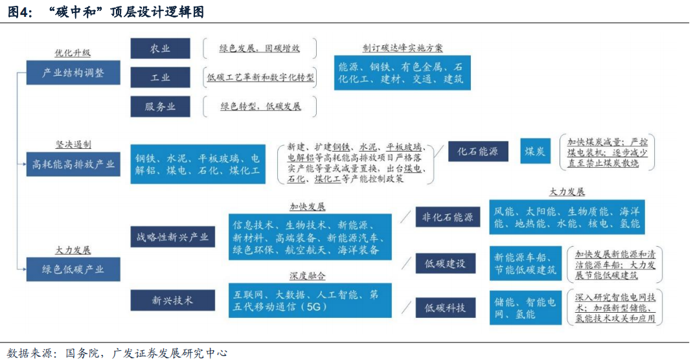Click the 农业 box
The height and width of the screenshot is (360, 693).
pos(160,49)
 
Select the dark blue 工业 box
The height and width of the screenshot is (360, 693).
pos(160,77)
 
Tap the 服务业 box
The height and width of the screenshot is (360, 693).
pos(160,106)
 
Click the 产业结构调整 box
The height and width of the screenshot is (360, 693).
pos(73,73)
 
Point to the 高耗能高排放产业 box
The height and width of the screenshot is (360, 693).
pos(73,164)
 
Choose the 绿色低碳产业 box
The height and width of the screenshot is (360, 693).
pos(73,269)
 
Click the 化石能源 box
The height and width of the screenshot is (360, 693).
pos(478,152)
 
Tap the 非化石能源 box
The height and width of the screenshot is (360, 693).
pos(448,218)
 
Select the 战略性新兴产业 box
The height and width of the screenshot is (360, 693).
pos(172,237)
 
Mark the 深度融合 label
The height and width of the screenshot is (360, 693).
pos(308,276)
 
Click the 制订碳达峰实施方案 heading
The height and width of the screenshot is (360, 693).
pos(403,49)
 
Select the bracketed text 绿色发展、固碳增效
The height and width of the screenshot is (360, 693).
pos(260,49)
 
